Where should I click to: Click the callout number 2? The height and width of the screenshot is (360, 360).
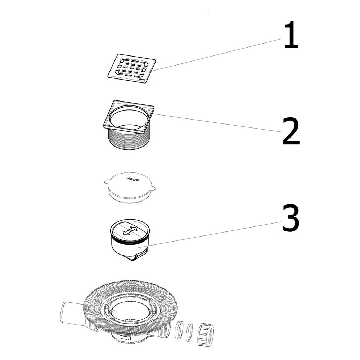coord(291,131)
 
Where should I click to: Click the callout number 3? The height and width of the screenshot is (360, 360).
coord(291,218)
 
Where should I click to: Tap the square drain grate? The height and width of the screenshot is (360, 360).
coord(132,69)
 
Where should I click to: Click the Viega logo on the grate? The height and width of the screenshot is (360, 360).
coord(141,80)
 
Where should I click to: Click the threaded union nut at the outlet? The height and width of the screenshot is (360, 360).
coord(206,333)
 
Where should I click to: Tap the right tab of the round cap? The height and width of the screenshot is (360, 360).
coord(152,189)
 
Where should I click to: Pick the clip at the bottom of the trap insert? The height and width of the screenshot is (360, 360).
coord(140,256)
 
